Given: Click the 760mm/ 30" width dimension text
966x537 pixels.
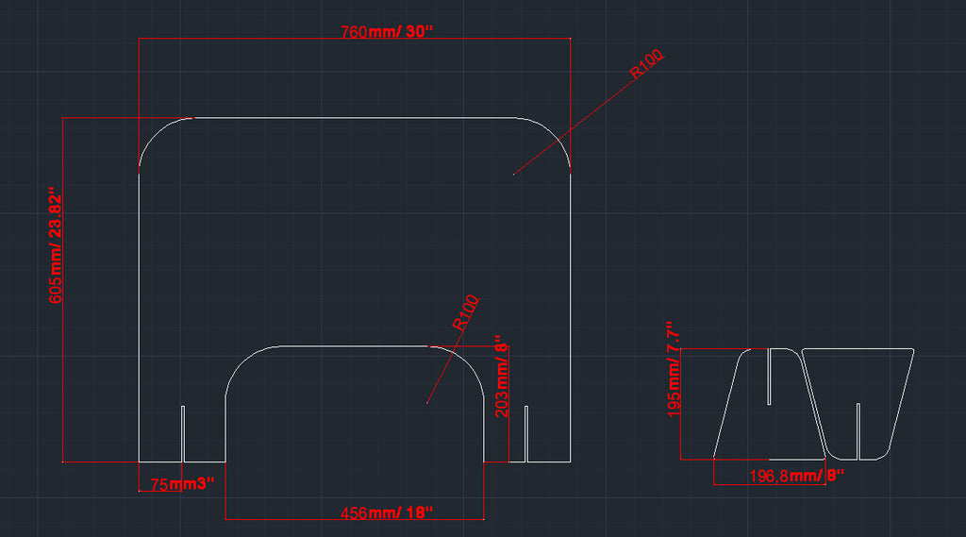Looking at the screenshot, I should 386,32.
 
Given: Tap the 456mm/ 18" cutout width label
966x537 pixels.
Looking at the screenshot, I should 386,512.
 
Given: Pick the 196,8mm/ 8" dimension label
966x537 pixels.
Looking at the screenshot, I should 794,475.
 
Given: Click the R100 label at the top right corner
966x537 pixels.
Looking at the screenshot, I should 647,64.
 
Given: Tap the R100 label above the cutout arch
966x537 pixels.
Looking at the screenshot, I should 467,312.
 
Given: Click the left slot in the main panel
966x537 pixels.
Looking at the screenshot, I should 182,434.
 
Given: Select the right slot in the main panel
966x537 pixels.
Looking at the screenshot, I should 525,434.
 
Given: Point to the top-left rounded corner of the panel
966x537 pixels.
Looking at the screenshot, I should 157,135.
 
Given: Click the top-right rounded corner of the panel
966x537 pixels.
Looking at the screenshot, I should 554,135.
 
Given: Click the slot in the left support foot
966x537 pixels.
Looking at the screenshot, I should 769,376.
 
